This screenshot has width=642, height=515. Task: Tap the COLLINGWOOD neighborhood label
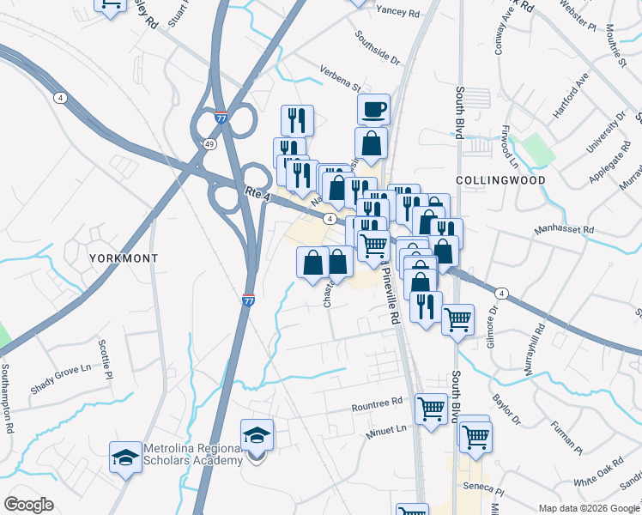(x=501, y=180)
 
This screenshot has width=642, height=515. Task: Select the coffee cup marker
(x=373, y=111)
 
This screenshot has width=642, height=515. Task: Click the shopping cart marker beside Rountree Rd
(x=431, y=409)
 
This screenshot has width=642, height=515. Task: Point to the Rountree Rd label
(x=377, y=403)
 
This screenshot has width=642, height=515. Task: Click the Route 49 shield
(x=209, y=144)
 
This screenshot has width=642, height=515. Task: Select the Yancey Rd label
(x=397, y=12)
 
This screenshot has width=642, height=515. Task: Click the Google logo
(x=28, y=504)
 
